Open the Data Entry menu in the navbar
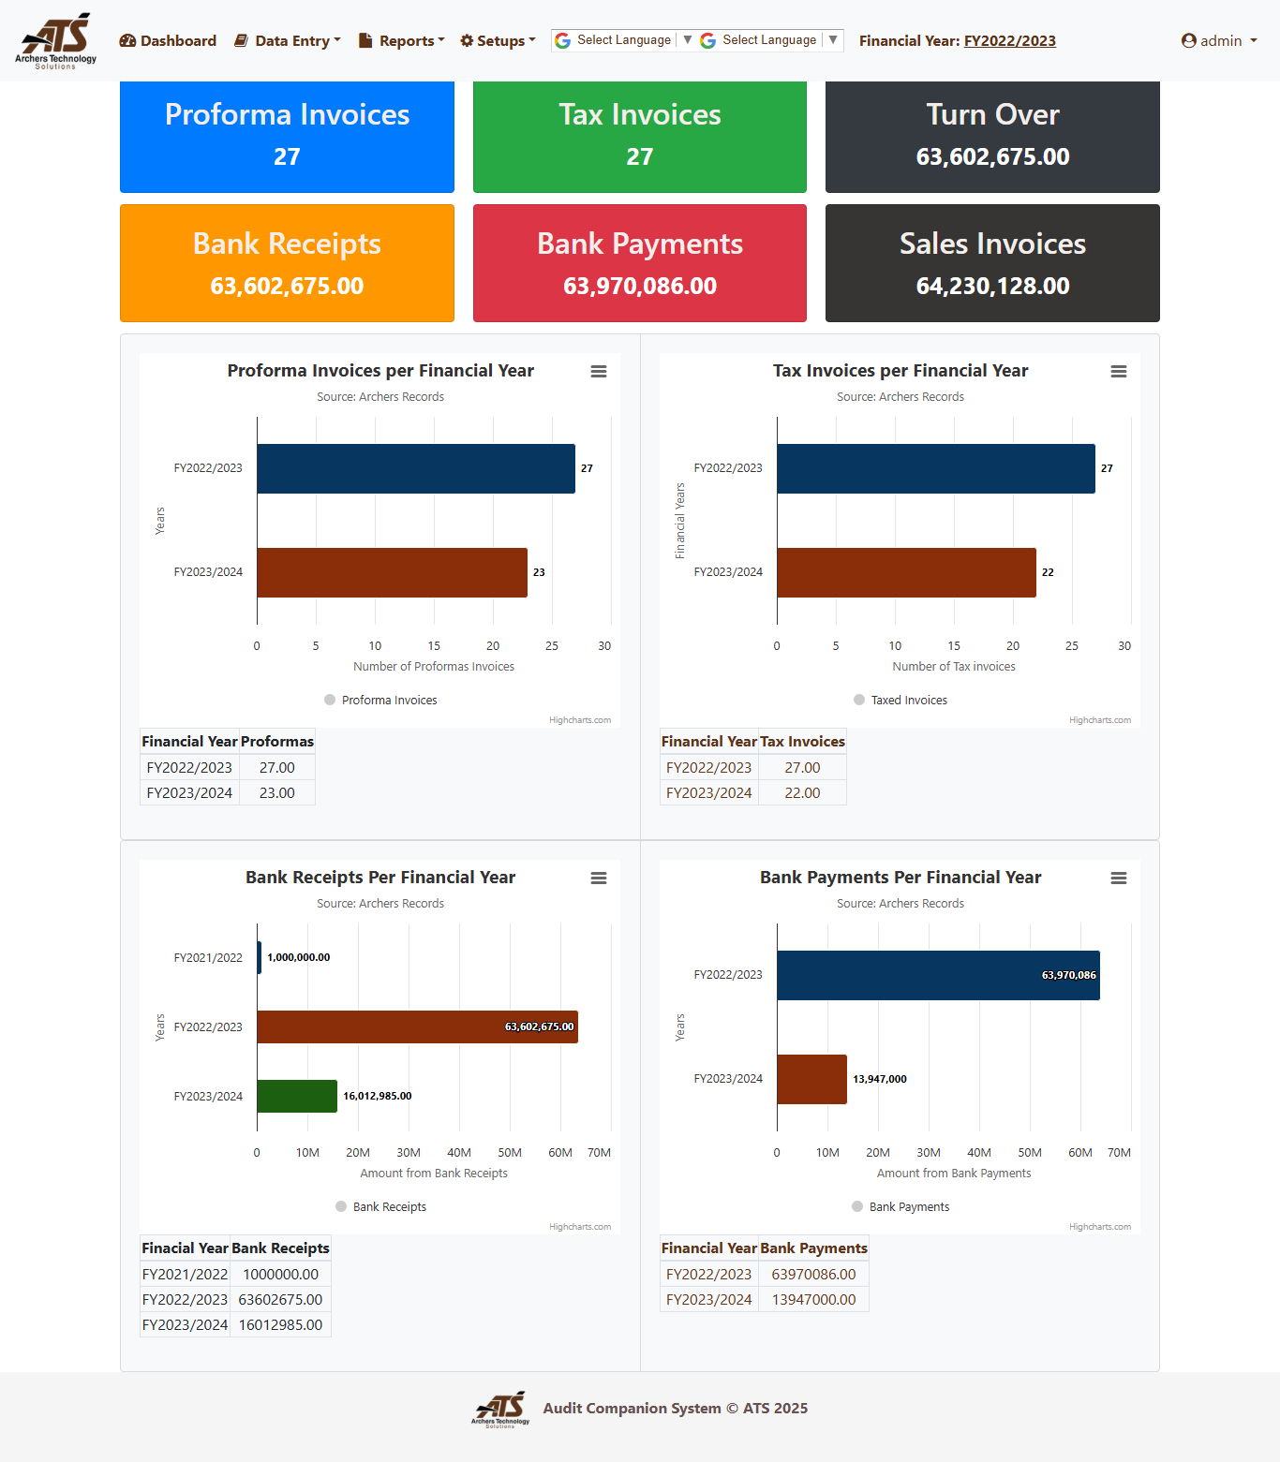coord(288,41)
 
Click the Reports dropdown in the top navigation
coord(401,41)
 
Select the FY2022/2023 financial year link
coord(1009,41)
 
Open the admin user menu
coord(1219,41)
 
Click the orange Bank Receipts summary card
coord(287,263)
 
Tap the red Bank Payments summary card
coord(639,263)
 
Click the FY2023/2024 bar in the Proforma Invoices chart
coord(392,572)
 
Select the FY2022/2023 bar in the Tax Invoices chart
coord(935,468)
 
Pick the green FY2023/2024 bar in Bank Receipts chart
coord(297,1096)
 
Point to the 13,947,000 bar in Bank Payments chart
coord(811,1079)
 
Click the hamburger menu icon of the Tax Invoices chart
coord(1118,372)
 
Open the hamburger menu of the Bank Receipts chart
coord(598,879)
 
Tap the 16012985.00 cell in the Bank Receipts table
coord(280,1325)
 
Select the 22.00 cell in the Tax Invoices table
coord(802,793)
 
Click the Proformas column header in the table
coord(277,742)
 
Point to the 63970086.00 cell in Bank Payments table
coord(813,1275)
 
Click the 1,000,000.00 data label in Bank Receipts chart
coord(298,957)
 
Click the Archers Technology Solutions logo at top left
coord(56,40)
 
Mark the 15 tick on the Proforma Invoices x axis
coord(434,646)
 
